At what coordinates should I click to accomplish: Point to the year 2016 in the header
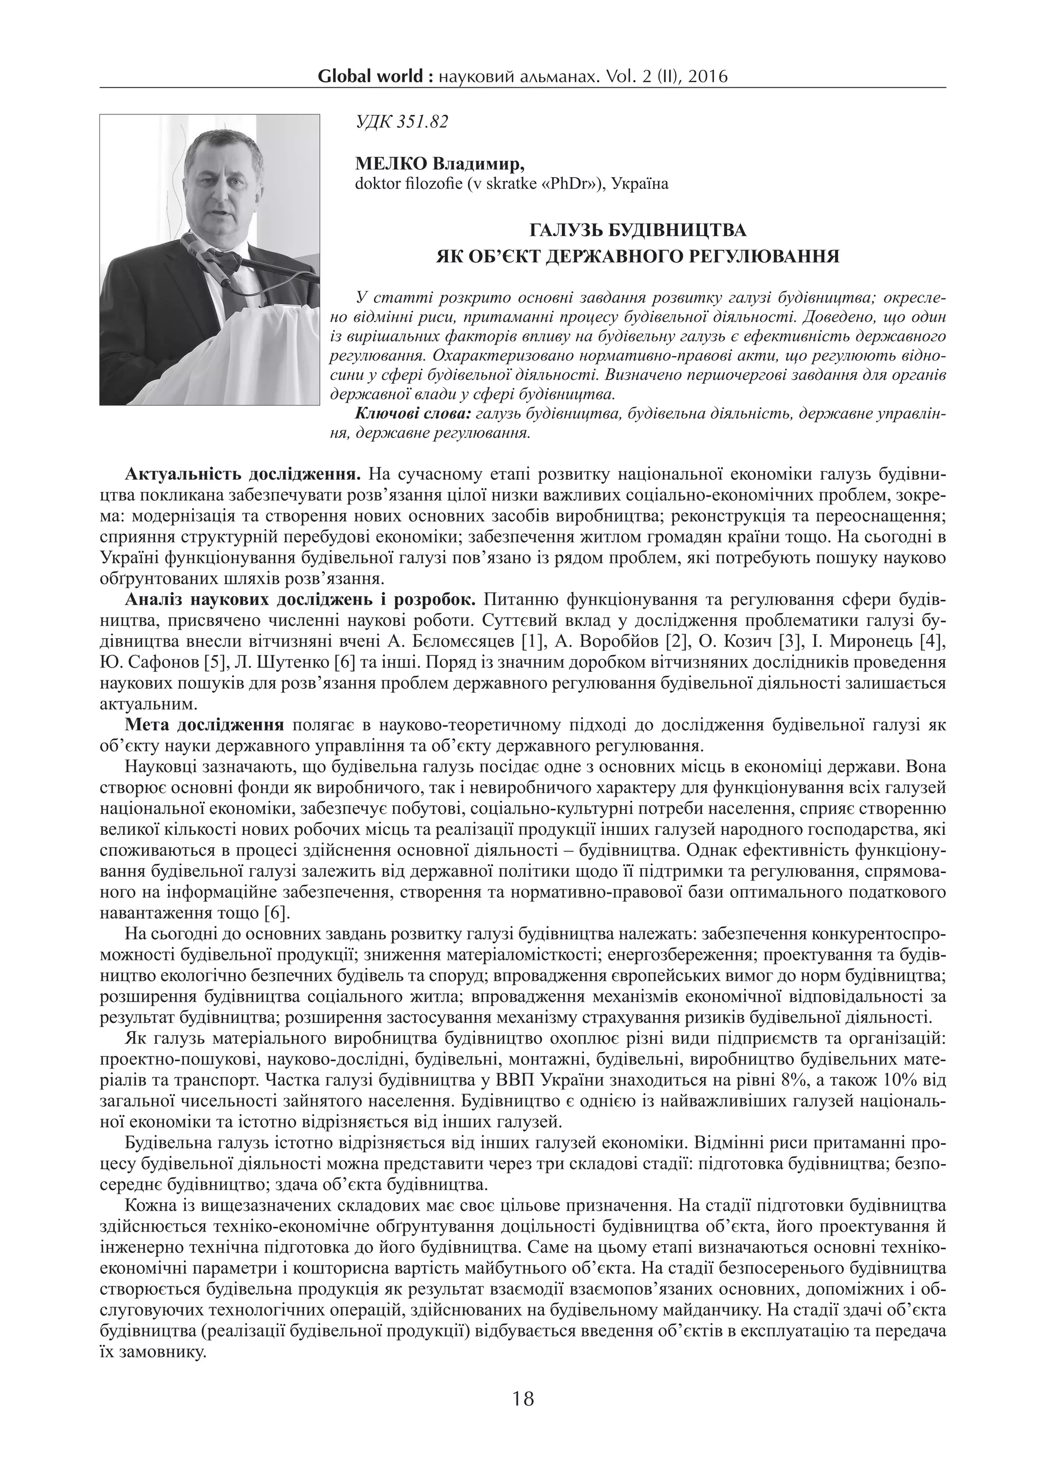pyautogui.click(x=706, y=78)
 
